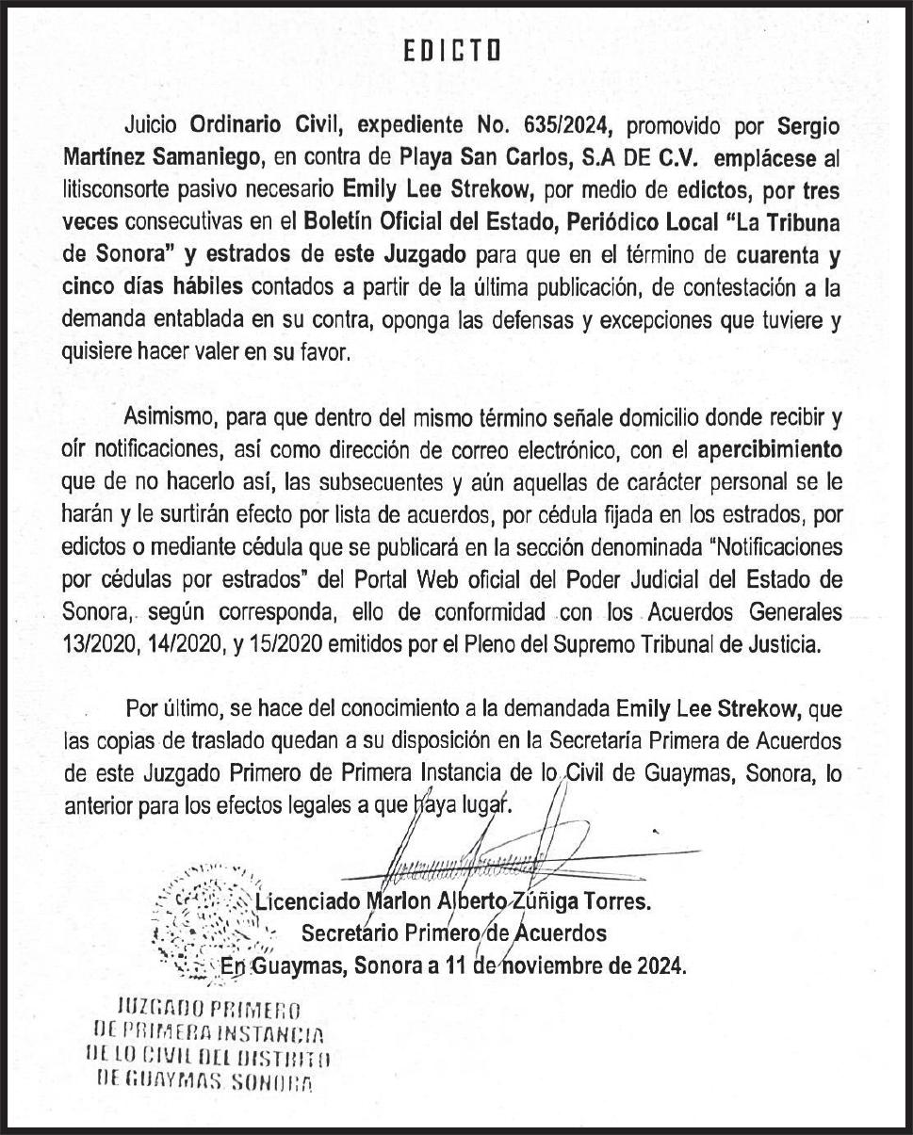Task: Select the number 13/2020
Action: point(99,645)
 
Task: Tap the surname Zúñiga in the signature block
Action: point(545,901)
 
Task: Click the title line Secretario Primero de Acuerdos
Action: point(453,933)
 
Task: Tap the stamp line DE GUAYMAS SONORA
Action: point(204,1079)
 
